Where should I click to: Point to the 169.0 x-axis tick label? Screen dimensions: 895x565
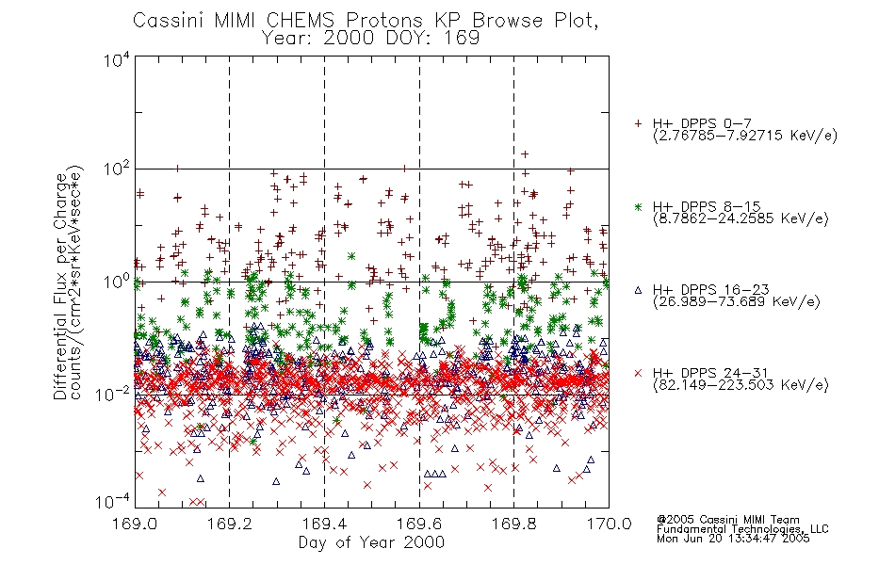pyautogui.click(x=135, y=524)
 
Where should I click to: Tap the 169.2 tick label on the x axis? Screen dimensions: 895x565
pyautogui.click(x=230, y=524)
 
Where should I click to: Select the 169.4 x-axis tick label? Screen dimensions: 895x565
pyautogui.click(x=324, y=524)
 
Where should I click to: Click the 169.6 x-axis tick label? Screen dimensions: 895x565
pyautogui.click(x=419, y=524)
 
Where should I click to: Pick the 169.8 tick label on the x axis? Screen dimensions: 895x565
pyautogui.click(x=513, y=524)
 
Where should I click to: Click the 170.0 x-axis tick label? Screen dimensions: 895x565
pyautogui.click(x=609, y=524)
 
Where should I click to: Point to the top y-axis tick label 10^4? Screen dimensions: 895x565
pyautogui.click(x=117, y=58)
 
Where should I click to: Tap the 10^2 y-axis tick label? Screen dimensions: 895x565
pyautogui.click(x=117, y=169)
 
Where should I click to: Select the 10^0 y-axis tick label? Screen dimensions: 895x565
pyautogui.click(x=117, y=282)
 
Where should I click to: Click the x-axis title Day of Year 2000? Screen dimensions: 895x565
pyautogui.click(x=371, y=542)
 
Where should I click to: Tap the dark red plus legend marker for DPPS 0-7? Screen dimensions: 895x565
pyautogui.click(x=639, y=123)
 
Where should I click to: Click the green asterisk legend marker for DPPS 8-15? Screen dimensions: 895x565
pyautogui.click(x=639, y=207)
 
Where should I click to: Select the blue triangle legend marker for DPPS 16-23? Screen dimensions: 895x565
pyautogui.click(x=639, y=290)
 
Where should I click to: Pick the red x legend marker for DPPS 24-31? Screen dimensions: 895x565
pyautogui.click(x=639, y=373)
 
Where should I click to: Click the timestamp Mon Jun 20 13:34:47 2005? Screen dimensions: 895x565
pyautogui.click(x=733, y=539)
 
